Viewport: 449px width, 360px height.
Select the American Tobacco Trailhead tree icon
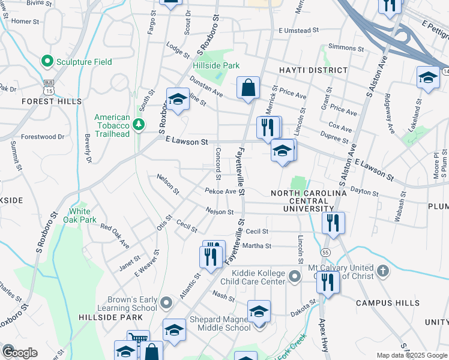(139, 124)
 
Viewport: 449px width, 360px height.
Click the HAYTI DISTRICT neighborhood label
(313, 70)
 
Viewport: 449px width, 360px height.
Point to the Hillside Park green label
(216, 65)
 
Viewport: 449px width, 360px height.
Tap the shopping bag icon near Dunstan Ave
(248, 88)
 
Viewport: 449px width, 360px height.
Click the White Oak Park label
(80, 215)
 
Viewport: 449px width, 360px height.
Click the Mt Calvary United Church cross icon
(382, 272)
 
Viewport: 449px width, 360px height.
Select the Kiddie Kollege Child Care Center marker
(294, 277)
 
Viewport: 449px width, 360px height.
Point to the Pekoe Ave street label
(220, 191)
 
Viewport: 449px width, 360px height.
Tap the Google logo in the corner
(19, 353)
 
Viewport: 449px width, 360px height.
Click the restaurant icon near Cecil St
(333, 223)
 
